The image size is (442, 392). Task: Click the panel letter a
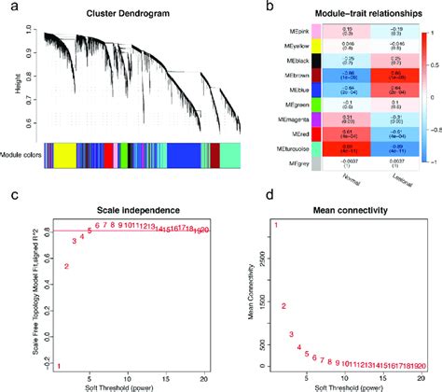tap(7, 7)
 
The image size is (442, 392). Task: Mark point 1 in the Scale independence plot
tap(58, 366)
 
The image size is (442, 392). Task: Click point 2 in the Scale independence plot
tap(66, 267)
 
